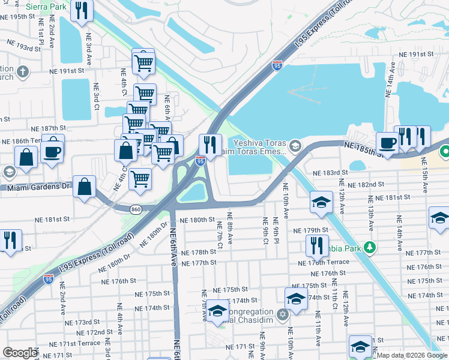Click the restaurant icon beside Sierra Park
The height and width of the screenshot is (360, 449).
[x=80, y=11]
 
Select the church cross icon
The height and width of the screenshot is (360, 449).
[x=23, y=73]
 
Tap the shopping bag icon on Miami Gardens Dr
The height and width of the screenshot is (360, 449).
[x=85, y=186]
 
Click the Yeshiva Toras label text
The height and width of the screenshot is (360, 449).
[x=259, y=143]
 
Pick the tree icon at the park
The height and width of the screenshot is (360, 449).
[x=371, y=247]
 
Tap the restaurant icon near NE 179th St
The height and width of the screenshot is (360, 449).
[x=313, y=245]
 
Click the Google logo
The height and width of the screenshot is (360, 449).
[x=20, y=353]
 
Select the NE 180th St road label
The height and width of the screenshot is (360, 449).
[x=197, y=220]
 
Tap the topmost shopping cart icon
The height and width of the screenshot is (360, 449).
[x=143, y=62]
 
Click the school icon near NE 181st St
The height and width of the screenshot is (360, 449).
[x=322, y=202]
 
